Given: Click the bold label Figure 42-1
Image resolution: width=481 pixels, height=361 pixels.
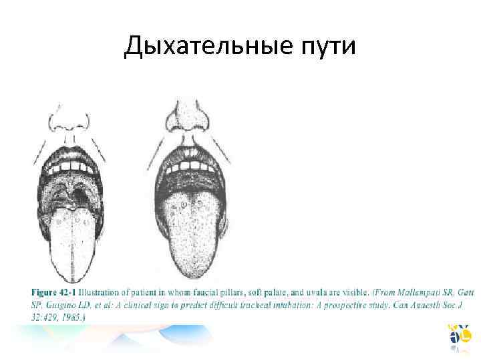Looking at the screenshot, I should point(53,293).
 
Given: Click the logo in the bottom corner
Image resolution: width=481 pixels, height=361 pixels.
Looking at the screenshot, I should point(460,337).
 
